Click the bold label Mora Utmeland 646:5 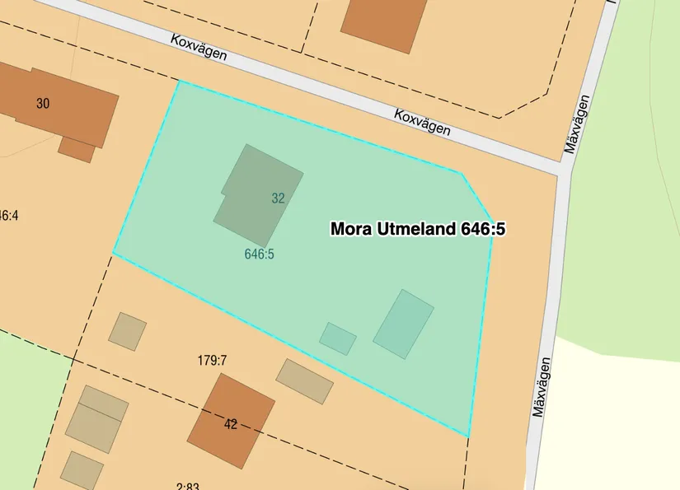click(x=417, y=229)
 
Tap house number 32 click(x=278, y=198)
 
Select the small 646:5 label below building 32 click(x=259, y=254)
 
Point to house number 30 click(x=43, y=103)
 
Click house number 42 click(x=230, y=424)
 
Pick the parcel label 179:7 click(x=212, y=360)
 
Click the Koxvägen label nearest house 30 click(x=199, y=52)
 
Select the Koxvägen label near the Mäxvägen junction click(x=422, y=122)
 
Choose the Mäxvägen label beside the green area click(x=579, y=125)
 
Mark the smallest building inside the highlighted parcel click(x=338, y=338)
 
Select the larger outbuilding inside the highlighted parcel click(x=403, y=324)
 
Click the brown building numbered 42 click(x=231, y=420)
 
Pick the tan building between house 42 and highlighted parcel click(x=304, y=380)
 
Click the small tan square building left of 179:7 click(x=128, y=330)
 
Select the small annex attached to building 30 click(x=77, y=149)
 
